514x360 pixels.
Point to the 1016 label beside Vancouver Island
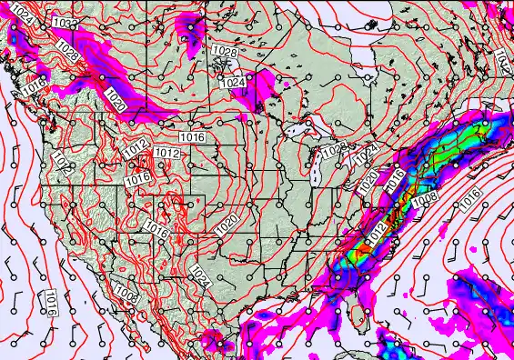click(35, 85)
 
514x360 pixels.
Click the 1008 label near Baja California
click(126, 295)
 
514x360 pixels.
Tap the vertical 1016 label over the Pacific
click(52, 304)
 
